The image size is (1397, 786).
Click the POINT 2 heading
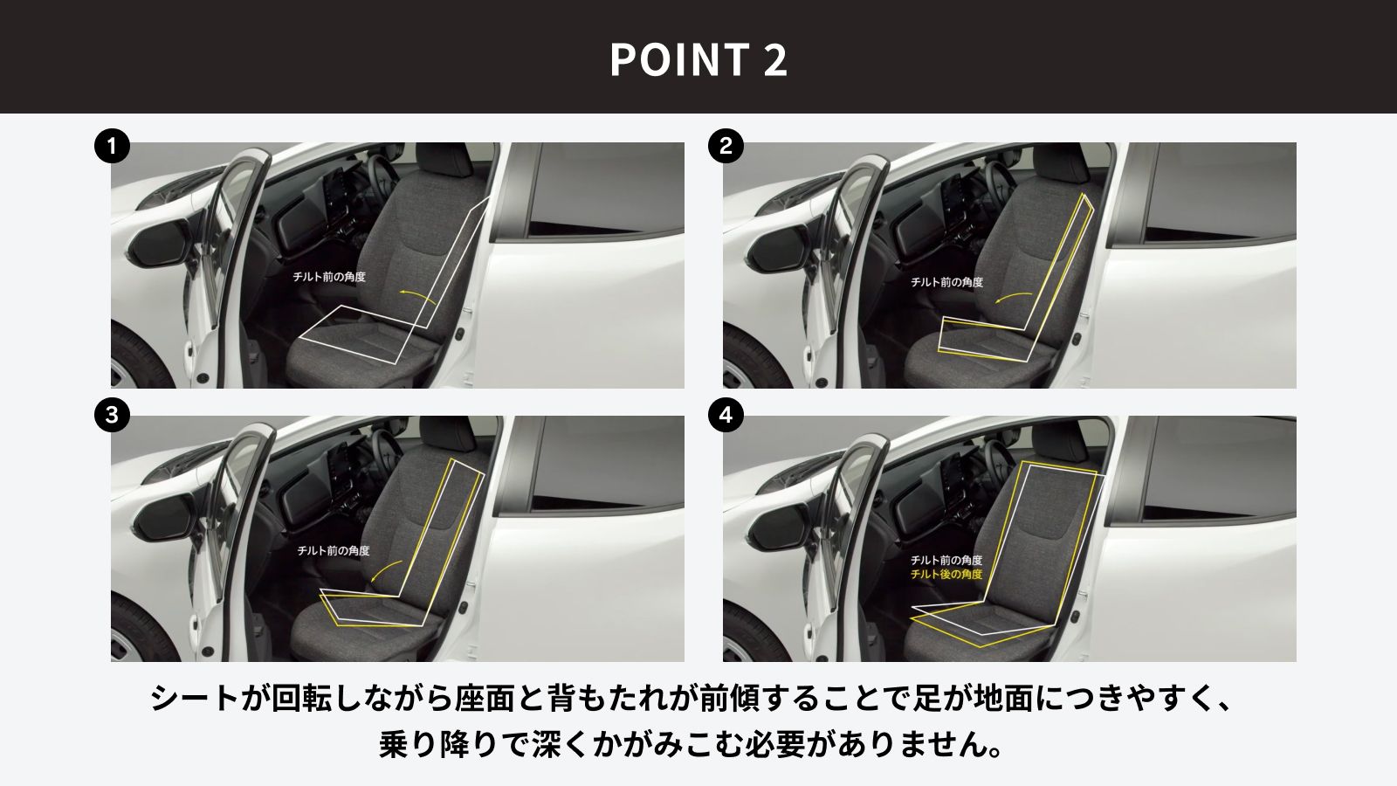[698, 59]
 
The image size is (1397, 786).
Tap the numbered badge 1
[113, 146]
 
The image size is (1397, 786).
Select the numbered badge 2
[726, 146]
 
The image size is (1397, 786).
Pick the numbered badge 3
[113, 415]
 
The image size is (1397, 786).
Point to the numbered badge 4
[726, 415]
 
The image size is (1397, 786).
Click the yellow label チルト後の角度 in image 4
[946, 574]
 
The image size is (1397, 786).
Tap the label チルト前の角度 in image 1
[329, 276]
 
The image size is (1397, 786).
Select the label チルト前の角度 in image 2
[946, 282]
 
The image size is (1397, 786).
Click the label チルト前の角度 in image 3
[333, 550]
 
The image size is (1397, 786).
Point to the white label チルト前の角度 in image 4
[946, 560]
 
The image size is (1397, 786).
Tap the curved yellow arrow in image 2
[1012, 295]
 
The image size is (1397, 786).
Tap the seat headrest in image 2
[1061, 161]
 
